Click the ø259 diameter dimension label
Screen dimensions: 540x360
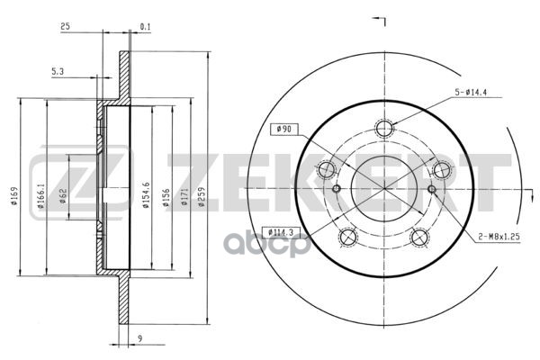(x=202, y=197)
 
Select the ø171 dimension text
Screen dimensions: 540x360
(x=184, y=197)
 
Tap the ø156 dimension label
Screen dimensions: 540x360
(x=166, y=197)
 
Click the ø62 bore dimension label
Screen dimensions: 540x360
(x=63, y=196)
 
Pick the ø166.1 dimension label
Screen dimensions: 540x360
(x=40, y=196)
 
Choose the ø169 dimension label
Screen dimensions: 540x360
(x=14, y=196)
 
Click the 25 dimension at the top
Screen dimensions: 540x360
(x=65, y=26)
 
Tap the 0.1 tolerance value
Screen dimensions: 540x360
(x=145, y=26)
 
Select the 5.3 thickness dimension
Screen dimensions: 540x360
(x=58, y=72)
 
